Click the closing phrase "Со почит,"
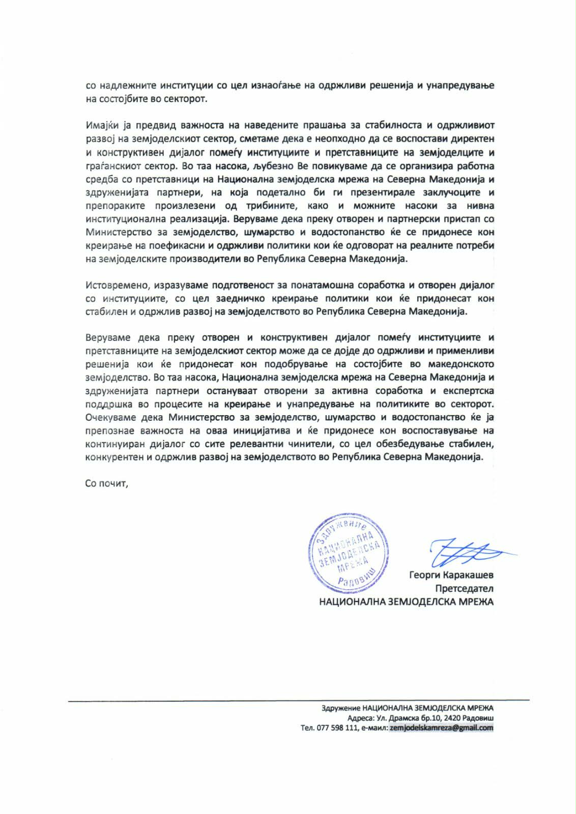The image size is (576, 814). [107, 483]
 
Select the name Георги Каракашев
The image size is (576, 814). [451, 575]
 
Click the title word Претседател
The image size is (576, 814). [464, 589]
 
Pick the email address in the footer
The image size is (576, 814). [442, 728]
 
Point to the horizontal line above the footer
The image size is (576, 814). [298, 701]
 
